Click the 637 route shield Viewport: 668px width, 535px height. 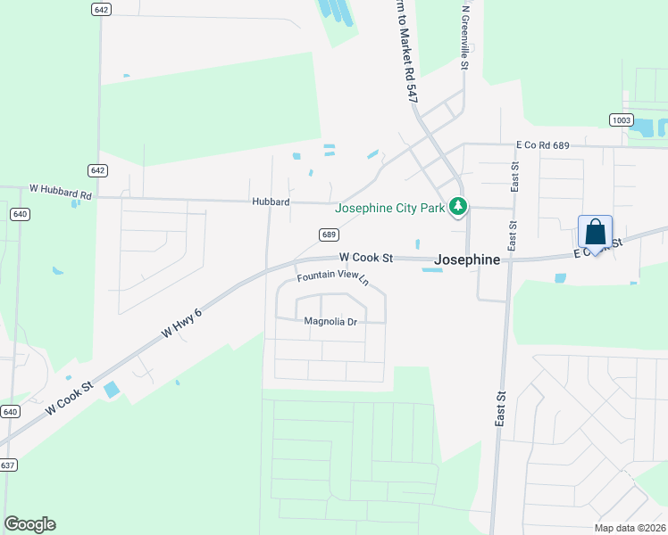tap(8, 465)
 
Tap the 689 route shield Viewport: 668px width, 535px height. tap(329, 235)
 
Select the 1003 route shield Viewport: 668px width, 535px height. tap(622, 120)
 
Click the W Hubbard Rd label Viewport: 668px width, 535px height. tap(61, 189)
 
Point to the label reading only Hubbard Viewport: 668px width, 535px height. tap(271, 202)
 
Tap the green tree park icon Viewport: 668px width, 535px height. tap(458, 208)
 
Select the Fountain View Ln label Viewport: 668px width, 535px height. tap(333, 278)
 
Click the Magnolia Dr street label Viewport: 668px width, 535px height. tap(330, 321)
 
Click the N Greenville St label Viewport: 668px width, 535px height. tap(464, 36)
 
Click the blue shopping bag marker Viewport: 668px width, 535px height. tap(596, 234)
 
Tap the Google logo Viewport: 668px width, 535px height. tap(29, 524)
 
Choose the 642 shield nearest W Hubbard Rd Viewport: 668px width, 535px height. tap(98, 170)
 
